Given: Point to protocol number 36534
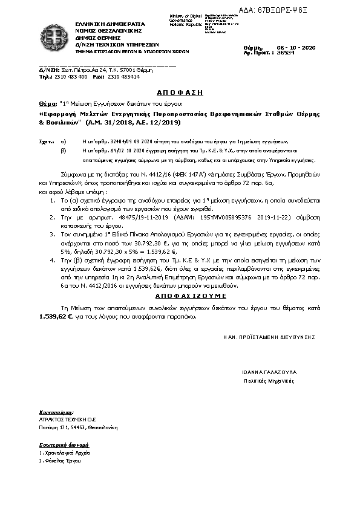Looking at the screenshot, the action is (286, 53).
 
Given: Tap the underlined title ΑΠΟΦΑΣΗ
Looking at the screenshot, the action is (180, 94).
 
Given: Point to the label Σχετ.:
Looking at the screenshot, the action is (45, 139).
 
